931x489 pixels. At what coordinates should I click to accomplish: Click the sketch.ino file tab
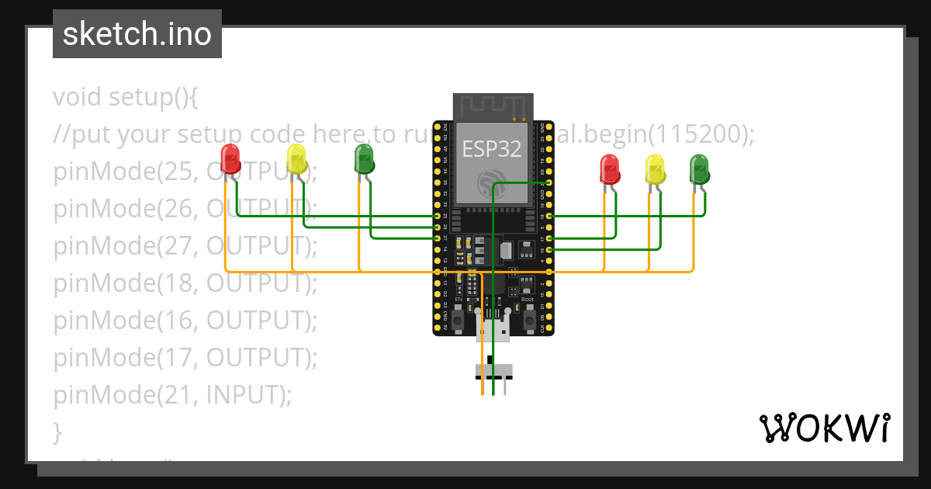[x=137, y=34]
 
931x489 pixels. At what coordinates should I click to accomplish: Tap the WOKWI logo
[x=823, y=428]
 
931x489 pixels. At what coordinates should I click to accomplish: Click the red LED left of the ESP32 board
[x=230, y=158]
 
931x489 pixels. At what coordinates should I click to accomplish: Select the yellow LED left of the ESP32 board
[x=296, y=158]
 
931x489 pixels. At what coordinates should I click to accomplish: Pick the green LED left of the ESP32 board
[x=364, y=158]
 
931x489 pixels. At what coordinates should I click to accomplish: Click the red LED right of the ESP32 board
[x=611, y=169]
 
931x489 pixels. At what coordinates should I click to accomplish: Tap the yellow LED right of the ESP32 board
[x=656, y=169]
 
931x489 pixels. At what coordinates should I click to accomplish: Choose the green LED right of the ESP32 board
[x=700, y=169]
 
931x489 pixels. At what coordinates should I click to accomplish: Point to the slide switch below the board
[x=493, y=370]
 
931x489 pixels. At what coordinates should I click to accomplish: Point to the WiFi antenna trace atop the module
[x=493, y=106]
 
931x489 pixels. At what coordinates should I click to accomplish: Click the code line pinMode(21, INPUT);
[x=172, y=395]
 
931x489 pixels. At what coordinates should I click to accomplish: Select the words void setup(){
[x=126, y=97]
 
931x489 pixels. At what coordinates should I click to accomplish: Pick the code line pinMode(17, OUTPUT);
[x=185, y=358]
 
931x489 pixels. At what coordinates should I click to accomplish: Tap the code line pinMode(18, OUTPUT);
[x=185, y=283]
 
